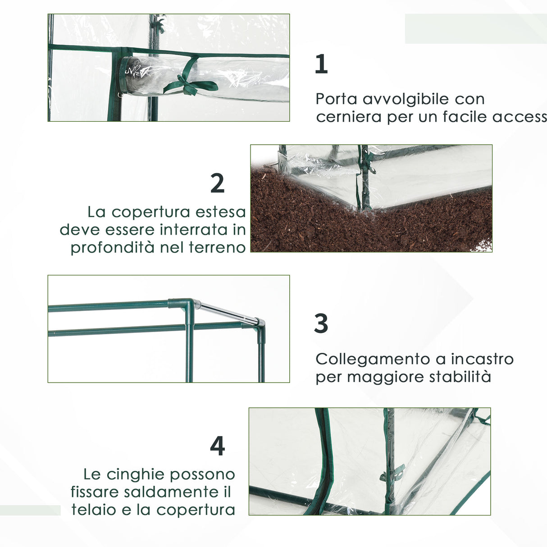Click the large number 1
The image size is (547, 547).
pos(321,64)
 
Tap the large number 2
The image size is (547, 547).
pos(217,183)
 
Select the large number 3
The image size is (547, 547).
pos(321,324)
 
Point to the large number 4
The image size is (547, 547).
pos(217,446)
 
